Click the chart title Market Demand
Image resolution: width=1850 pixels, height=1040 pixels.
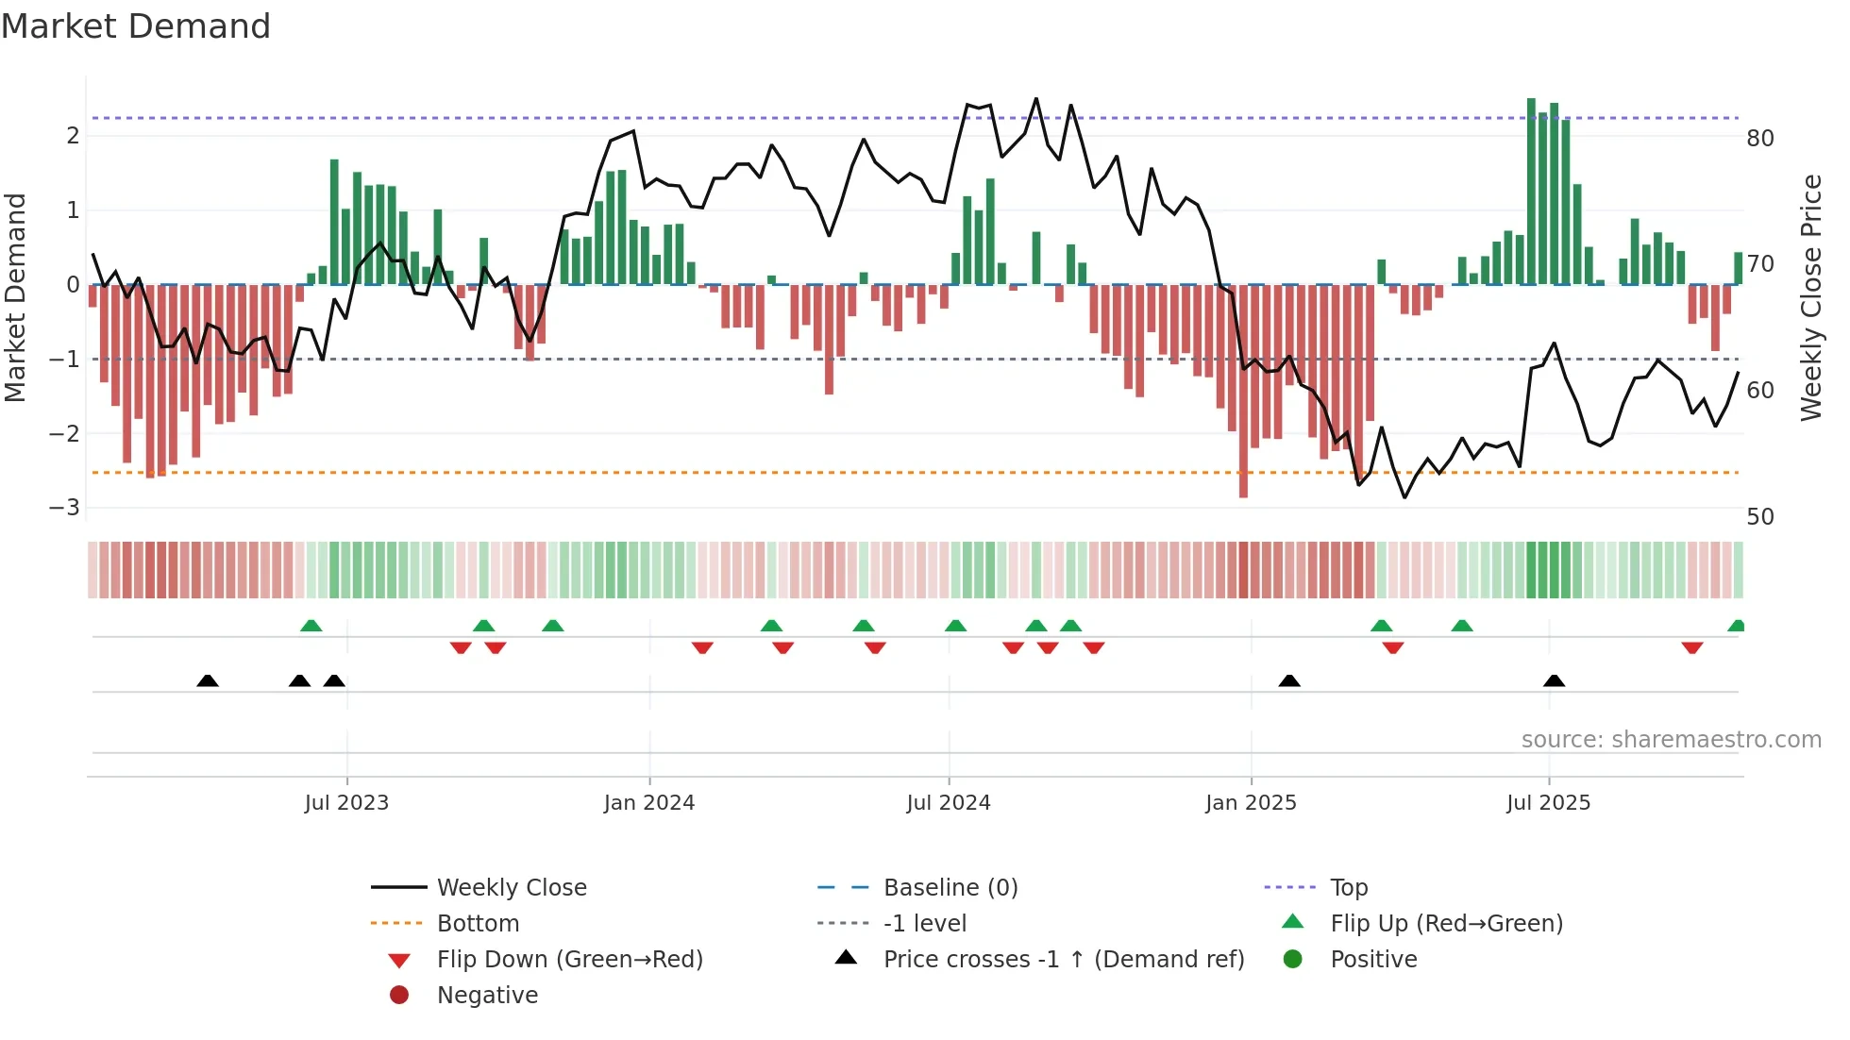tap(136, 26)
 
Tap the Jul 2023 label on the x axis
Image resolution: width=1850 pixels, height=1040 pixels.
tap(346, 803)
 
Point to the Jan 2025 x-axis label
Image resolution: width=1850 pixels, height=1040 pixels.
tap(1251, 803)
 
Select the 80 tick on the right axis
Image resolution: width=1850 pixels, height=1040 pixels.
tap(1759, 139)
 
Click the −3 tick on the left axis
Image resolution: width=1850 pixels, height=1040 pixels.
tap(65, 508)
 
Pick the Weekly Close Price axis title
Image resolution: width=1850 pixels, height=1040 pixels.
tap(1810, 297)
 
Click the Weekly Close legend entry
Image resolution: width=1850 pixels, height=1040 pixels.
tap(511, 888)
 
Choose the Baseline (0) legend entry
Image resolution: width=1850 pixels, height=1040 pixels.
tap(950, 888)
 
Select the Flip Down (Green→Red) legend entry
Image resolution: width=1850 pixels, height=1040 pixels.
tap(569, 960)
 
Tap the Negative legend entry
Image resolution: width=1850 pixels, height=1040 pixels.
tap(487, 996)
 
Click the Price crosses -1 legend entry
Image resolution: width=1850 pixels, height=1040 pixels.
tap(1063, 960)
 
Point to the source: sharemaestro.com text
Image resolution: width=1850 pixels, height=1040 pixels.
tap(1671, 740)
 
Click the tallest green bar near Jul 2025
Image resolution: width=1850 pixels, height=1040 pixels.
tap(1531, 189)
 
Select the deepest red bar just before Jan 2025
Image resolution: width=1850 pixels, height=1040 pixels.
tap(1243, 392)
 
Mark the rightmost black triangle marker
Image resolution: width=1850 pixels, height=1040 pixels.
tap(1554, 680)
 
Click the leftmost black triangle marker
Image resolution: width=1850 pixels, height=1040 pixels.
tap(208, 680)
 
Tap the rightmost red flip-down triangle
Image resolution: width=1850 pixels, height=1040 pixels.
tap(1691, 647)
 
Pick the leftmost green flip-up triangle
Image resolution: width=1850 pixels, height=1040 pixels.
tap(311, 626)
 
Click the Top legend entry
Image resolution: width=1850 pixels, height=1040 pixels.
tap(1348, 888)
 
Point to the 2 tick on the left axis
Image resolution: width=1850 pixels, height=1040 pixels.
tap(73, 136)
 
